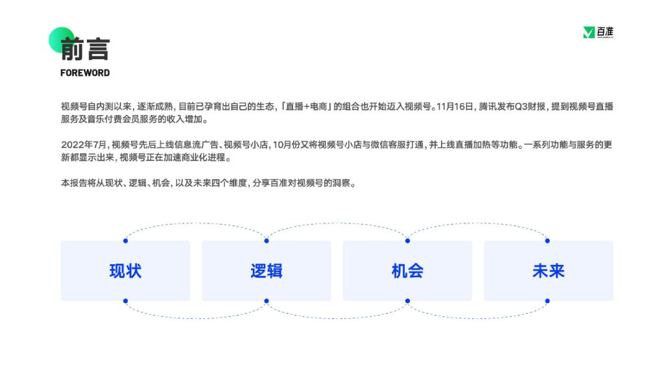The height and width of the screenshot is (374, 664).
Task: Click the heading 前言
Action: point(85,49)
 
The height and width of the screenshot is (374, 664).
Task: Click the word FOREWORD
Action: point(85,73)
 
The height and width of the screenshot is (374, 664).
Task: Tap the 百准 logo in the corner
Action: point(598,32)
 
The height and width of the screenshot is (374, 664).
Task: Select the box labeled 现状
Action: point(125,271)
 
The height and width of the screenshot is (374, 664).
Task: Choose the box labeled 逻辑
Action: point(267,271)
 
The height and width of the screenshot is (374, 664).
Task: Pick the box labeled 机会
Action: point(407,271)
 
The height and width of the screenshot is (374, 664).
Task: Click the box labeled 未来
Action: point(549,271)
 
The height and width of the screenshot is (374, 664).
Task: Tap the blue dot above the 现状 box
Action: point(125,241)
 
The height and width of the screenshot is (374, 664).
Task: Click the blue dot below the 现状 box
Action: point(125,301)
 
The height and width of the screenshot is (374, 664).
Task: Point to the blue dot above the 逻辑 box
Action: point(267,241)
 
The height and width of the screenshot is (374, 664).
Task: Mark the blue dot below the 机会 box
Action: point(407,301)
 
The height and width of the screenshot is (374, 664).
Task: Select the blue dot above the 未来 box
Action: point(547,241)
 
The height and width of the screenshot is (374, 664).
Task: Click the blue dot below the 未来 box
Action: point(547,301)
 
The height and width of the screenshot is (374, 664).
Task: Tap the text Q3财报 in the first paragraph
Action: point(530,106)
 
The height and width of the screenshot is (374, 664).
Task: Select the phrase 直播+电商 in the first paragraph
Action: point(307,106)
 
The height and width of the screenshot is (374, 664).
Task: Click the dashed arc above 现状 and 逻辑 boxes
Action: point(196,223)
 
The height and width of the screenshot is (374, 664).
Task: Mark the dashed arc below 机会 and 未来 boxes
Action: point(478,318)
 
